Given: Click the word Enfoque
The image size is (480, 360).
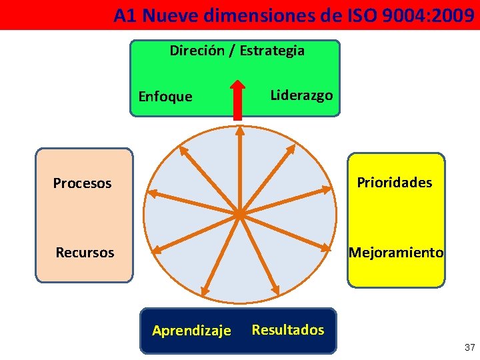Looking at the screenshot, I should pyautogui.click(x=165, y=97).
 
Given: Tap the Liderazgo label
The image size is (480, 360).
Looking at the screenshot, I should pyautogui.click(x=301, y=95).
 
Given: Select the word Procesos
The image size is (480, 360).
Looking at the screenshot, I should pyautogui.click(x=82, y=183).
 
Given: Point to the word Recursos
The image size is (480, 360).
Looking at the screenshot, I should pyautogui.click(x=85, y=253).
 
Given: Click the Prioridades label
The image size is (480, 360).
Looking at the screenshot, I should pyautogui.click(x=395, y=182).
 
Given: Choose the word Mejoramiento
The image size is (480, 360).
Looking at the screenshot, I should pyautogui.click(x=395, y=253).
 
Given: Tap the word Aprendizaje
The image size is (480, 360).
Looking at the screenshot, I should pyautogui.click(x=191, y=330).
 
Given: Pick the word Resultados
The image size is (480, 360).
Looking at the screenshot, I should pyautogui.click(x=288, y=329).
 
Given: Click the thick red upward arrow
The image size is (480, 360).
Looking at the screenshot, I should pyautogui.click(x=237, y=100).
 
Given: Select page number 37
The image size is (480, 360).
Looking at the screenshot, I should pyautogui.click(x=469, y=347).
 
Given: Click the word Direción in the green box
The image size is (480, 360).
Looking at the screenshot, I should pyautogui.click(x=197, y=50).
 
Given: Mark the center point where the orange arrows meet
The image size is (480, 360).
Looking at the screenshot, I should pyautogui.click(x=239, y=214).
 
